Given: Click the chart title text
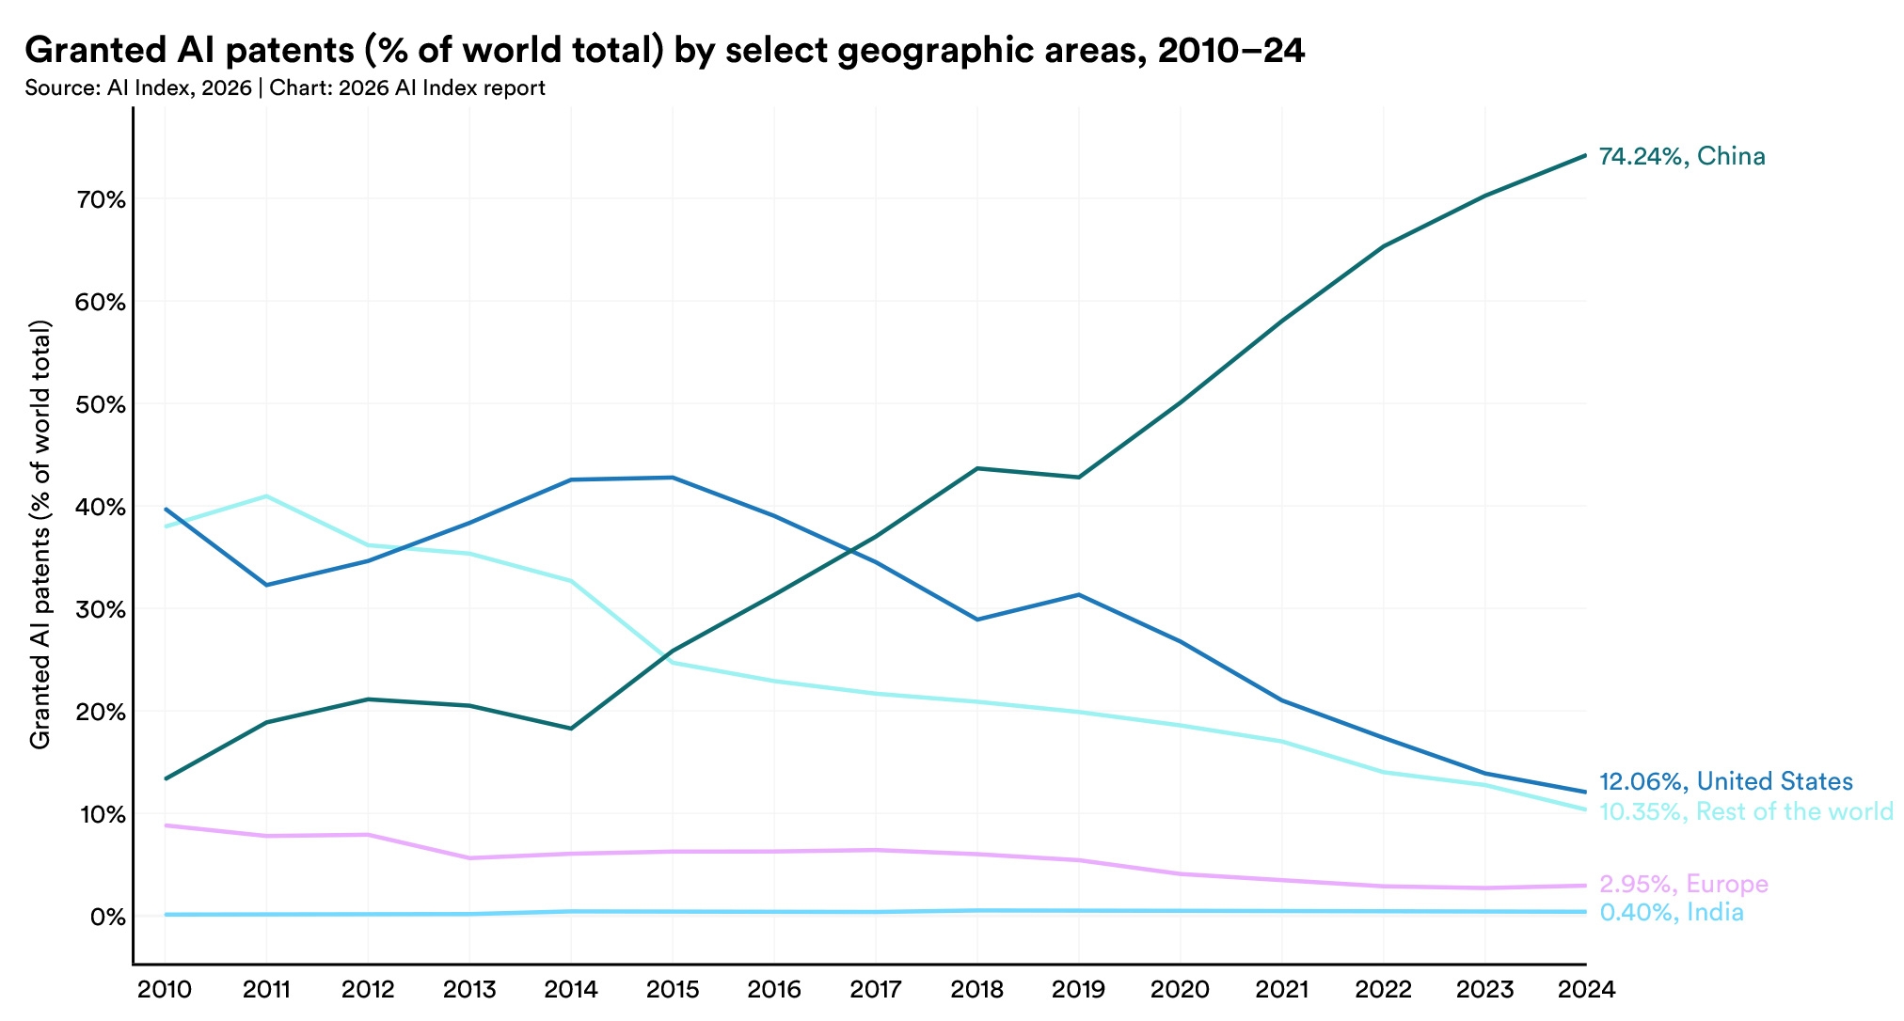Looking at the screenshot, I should tap(664, 51).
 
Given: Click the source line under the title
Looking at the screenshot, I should tap(285, 88).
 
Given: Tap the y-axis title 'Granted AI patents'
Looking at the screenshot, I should tap(40, 535).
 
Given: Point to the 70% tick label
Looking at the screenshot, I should tap(102, 199).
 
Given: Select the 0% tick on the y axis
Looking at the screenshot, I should tap(108, 916).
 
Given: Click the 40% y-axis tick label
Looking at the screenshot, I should tap(102, 507).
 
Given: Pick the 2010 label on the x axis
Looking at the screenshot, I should tap(165, 990).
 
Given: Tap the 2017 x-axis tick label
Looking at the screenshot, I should tap(875, 990).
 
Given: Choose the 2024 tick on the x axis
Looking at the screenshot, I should tap(1586, 990).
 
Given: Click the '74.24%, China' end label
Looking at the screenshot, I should tap(1682, 156).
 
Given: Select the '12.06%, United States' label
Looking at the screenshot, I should tap(1725, 781).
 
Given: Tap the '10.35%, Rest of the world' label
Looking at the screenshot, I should tap(1746, 811).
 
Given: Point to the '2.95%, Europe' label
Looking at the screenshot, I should tap(1684, 884).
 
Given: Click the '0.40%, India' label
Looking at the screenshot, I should tap(1672, 912).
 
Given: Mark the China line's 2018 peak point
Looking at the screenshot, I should tap(977, 468).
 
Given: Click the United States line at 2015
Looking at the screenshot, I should tap(673, 478).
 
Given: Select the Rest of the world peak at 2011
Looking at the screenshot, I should tap(266, 496).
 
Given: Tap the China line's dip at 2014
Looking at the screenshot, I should tap(571, 729).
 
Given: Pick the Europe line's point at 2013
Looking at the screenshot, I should tap(469, 857).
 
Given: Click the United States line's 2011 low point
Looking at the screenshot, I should tap(266, 585).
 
